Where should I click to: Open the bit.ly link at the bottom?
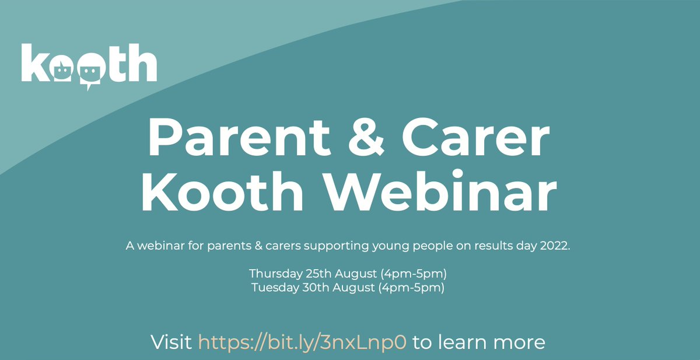302,342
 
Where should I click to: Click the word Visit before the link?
171,342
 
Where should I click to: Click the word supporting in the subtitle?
336,246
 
